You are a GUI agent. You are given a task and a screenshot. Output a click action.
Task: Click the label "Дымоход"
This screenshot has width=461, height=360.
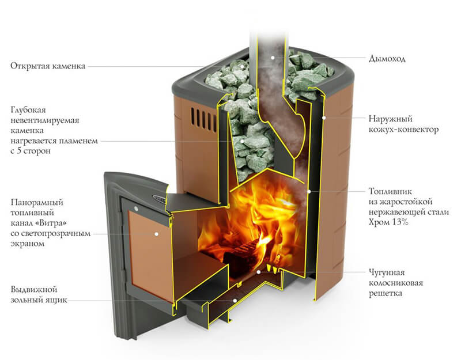click(387, 59)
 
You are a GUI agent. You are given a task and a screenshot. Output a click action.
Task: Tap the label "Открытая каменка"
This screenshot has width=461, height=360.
click(48, 66)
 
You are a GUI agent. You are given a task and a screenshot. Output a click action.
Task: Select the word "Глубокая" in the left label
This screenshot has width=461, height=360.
click(28, 110)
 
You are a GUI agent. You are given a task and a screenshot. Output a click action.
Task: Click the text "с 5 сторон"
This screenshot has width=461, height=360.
click(31, 151)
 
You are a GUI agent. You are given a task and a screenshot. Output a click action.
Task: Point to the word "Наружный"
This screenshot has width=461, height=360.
click(391, 119)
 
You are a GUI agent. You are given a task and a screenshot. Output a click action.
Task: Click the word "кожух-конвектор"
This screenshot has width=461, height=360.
click(404, 129)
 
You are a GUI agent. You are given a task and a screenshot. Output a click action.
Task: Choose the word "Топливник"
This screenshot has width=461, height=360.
click(391, 191)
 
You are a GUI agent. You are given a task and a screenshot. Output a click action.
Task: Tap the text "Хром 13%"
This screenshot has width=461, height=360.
click(388, 222)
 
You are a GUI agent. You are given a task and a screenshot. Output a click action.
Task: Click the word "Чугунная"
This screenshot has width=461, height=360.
click(387, 272)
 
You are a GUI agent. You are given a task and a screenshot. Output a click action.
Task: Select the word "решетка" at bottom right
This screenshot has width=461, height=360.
click(386, 293)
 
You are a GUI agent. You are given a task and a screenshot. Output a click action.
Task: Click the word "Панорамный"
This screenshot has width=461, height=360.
click(37, 202)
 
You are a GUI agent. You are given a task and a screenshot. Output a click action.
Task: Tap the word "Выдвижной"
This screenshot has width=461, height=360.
click(34, 290)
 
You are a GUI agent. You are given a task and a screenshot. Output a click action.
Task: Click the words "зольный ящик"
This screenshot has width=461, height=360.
click(39, 300)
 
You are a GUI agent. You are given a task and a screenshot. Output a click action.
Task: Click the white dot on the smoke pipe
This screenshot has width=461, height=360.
click(273, 58)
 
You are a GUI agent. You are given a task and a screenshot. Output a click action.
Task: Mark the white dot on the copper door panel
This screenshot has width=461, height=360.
click(157, 234)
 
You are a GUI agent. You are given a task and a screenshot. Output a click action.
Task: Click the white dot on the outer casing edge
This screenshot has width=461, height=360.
click(323, 118)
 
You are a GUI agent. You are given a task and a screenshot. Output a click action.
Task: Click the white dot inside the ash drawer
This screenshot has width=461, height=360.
click(235, 300)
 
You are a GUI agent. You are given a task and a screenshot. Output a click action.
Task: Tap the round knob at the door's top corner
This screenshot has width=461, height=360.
click(136, 209)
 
